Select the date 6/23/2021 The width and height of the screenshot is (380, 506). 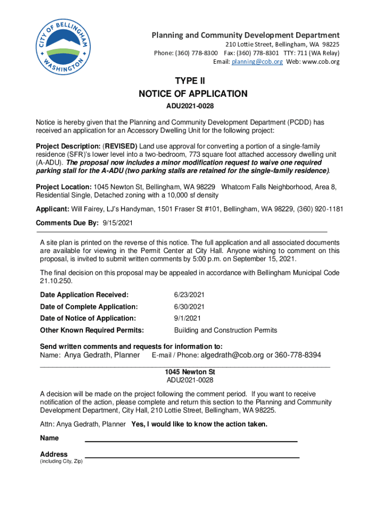click(x=190, y=295)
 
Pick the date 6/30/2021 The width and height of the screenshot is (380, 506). click(x=190, y=307)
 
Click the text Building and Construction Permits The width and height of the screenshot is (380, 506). click(x=226, y=330)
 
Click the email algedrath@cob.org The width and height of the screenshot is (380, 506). click(x=233, y=355)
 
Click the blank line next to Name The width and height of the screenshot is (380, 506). click(x=191, y=440)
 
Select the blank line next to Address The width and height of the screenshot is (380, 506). click(x=192, y=457)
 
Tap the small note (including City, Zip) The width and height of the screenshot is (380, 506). click(x=61, y=462)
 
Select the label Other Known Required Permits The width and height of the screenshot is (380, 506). click(x=92, y=330)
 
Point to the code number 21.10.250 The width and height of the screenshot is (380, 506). click(x=56, y=281)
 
